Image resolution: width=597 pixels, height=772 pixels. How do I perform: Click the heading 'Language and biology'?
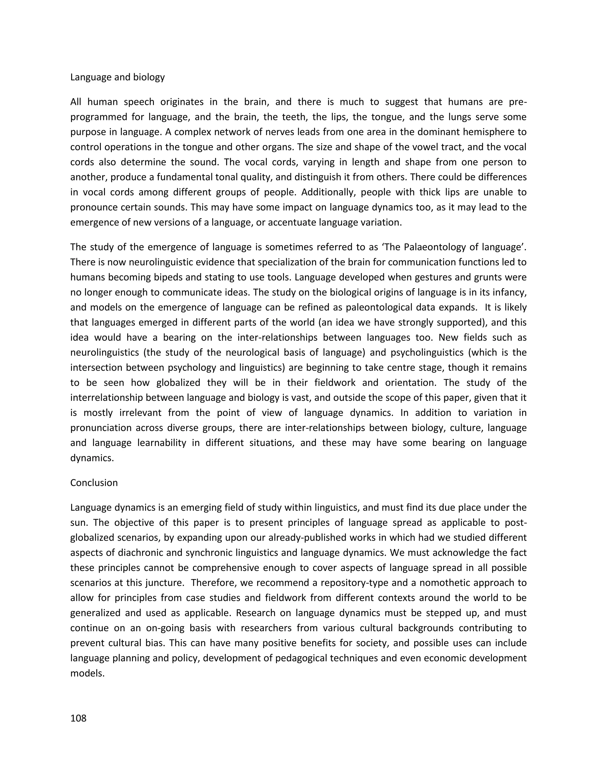[117, 77]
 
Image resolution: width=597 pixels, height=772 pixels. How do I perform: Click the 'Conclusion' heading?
[94, 482]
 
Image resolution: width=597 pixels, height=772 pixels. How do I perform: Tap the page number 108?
[78, 718]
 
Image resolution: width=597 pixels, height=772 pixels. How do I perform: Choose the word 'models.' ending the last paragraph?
[87, 673]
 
